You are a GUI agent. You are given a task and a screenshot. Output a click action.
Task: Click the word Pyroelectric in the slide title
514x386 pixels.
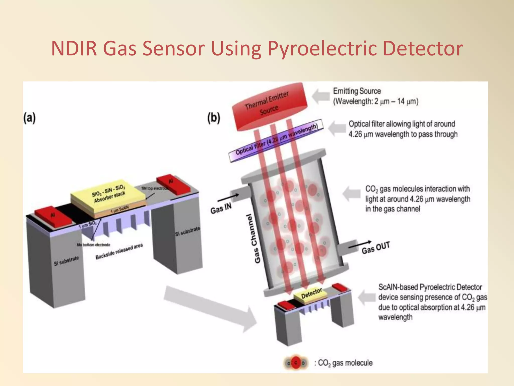coord(322,48)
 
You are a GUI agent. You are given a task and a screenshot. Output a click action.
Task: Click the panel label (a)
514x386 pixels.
coord(30,118)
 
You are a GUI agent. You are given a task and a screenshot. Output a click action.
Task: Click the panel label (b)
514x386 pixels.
coord(214,118)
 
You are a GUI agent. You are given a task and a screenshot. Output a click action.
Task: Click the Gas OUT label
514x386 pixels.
coord(375,248)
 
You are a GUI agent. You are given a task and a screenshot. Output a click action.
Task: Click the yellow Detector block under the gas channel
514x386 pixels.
coord(311,294)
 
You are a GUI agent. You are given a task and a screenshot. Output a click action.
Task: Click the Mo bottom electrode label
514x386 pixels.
coord(93,245)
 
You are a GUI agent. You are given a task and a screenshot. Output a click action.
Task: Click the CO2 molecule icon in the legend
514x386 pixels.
coord(296,363)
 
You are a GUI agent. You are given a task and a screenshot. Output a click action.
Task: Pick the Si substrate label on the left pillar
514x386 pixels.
coord(66,261)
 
